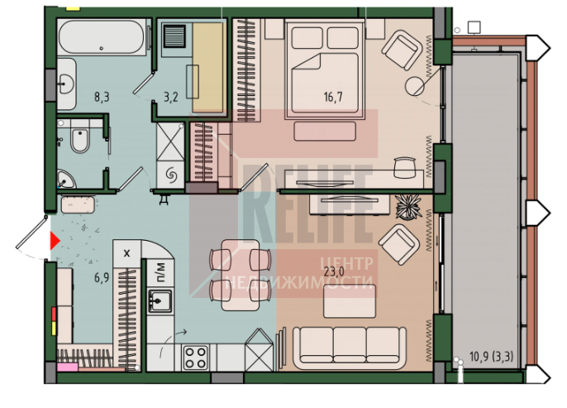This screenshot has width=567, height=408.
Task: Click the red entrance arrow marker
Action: tap(55, 242)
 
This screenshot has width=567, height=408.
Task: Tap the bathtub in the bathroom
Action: tap(102, 37)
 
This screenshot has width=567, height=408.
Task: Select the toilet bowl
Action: tap(80, 140)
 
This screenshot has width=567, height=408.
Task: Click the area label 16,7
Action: tap(333, 97)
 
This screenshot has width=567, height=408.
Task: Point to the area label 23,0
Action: tap(334, 271)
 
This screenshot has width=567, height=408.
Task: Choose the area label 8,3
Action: tap(102, 97)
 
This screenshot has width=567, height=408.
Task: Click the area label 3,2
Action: tap(170, 97)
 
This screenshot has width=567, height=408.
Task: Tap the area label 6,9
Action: tap(102, 278)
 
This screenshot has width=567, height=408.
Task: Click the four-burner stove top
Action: tap(196, 358)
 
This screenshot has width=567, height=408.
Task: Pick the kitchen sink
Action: tap(160, 300)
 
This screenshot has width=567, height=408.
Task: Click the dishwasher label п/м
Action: tap(160, 272)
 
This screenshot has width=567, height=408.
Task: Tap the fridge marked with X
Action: tap(126, 253)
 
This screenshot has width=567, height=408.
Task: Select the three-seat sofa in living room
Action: tap(350, 348)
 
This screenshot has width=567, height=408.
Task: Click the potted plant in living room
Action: tap(408, 207)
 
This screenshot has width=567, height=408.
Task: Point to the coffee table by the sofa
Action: tap(350, 301)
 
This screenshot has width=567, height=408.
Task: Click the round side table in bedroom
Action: tap(414, 87)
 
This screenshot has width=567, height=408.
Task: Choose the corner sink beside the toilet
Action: tap(66, 180)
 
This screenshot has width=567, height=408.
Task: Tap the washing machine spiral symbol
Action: tap(170, 175)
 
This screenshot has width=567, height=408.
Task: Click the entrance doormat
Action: tap(78, 204)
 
